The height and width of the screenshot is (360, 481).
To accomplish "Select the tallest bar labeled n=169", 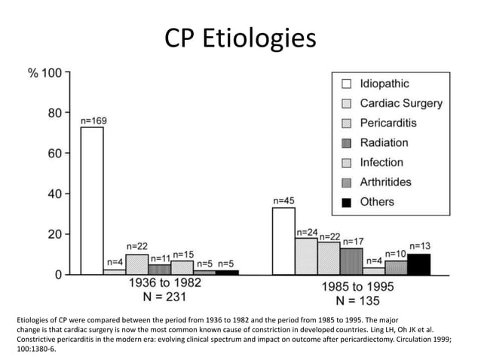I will click(92, 200).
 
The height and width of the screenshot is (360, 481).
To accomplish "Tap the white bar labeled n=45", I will click(283, 241).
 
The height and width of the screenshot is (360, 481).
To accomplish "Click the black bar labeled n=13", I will click(418, 264).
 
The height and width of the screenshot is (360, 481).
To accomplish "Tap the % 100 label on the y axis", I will click(44, 73).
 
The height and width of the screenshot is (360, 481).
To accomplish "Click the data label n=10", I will click(396, 254).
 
